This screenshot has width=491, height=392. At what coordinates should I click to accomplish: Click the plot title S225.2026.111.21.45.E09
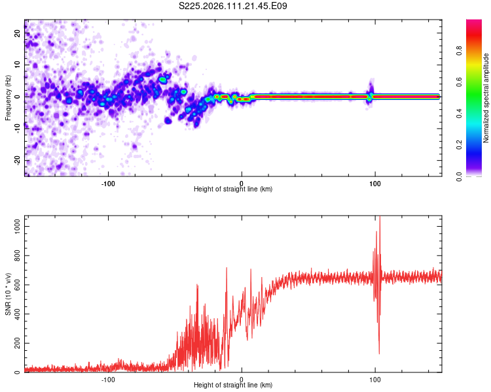[x=233, y=6]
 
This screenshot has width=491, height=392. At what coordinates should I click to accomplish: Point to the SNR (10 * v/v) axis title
[x=8, y=294]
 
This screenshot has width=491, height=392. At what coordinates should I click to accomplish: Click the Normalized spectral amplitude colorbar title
[x=486, y=98]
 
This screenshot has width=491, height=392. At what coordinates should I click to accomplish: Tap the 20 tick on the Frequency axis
[x=18, y=33]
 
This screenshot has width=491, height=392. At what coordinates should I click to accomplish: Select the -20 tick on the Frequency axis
[x=16, y=160]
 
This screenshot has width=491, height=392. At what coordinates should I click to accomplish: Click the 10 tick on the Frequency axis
[x=18, y=65]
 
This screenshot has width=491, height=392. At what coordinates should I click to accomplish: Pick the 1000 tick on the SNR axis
[x=13, y=225]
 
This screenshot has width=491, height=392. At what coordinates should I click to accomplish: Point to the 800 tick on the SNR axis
[x=15, y=255]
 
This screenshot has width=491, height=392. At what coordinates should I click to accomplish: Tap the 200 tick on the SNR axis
[x=15, y=343]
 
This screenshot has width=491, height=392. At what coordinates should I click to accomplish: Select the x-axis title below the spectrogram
[x=233, y=189]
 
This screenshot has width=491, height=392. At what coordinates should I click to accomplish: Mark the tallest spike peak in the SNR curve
[x=380, y=216]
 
